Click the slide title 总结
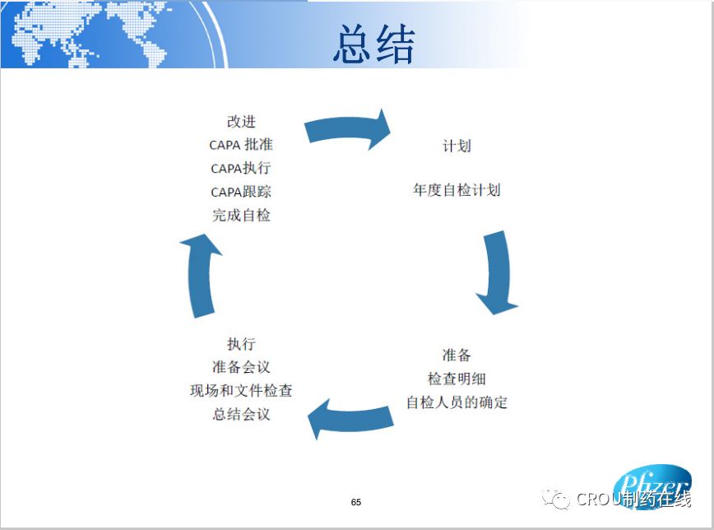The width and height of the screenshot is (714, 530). point(374,44)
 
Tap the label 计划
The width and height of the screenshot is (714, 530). point(457,146)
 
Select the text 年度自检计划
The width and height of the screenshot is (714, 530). point(457,189)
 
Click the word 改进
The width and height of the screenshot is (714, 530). point(241,121)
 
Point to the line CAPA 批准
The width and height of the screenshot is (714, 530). point(241,145)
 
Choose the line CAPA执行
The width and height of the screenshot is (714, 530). point(241,168)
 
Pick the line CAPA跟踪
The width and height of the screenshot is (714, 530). point(241,192)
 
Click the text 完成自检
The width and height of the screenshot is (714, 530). point(241,215)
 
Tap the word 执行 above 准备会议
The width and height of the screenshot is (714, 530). point(241,344)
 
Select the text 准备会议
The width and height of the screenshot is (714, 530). point(241,367)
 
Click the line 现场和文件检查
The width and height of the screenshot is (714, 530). point(241,390)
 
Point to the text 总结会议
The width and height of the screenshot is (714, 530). point(241,414)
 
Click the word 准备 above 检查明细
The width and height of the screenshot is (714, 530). point(457,356)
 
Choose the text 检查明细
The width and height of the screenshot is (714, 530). point(457,379)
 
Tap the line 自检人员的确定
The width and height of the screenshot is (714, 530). point(457,402)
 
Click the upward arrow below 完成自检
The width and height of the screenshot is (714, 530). point(202,276)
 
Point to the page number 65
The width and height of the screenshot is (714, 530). point(356,502)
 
